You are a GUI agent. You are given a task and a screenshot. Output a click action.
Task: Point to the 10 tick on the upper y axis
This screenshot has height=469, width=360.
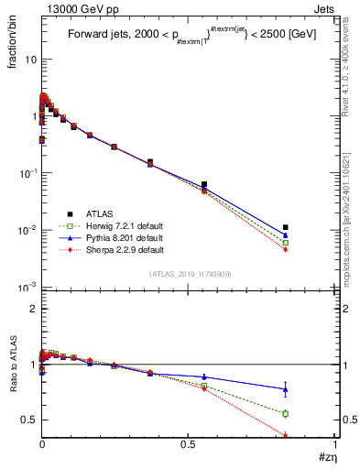[x=29, y=59]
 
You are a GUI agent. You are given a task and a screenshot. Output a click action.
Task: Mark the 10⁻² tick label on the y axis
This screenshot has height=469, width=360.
[x=27, y=230]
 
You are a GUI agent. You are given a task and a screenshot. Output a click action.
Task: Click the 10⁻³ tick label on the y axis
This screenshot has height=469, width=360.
[x=27, y=287]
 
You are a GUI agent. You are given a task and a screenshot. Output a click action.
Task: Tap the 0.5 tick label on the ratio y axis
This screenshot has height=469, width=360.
[x=29, y=420]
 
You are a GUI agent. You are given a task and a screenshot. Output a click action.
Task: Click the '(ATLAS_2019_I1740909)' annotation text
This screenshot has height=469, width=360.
[x=190, y=274]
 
